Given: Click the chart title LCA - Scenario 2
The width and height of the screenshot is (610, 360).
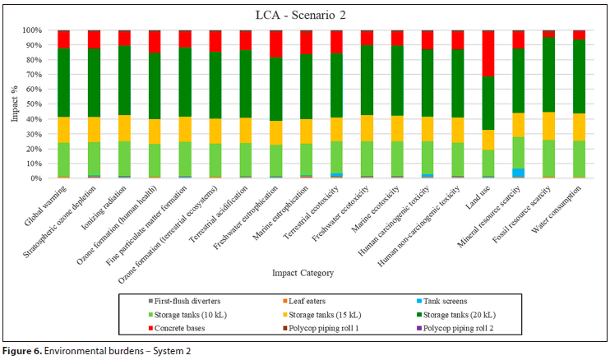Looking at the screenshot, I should pyautogui.click(x=303, y=13).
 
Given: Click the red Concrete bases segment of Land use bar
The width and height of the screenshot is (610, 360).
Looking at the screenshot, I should pyautogui.click(x=488, y=53).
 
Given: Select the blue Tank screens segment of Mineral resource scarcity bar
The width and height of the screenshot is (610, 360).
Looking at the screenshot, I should pyautogui.click(x=519, y=173).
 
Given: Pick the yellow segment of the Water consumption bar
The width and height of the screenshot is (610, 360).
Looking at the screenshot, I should pyautogui.click(x=579, y=127).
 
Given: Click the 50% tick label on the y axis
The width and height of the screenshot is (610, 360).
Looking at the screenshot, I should pyautogui.click(x=35, y=104).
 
